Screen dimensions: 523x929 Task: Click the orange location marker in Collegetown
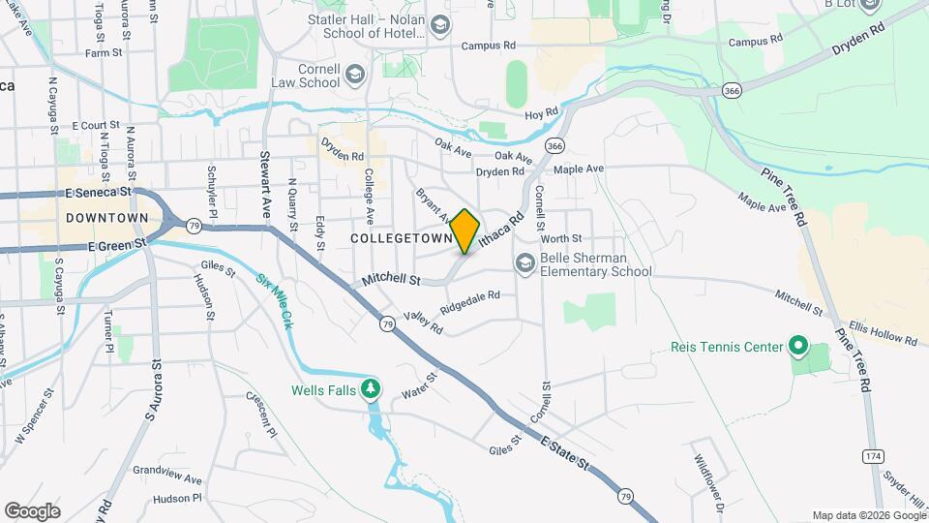pyautogui.click(x=465, y=231)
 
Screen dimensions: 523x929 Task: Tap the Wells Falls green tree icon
pyautogui.click(x=370, y=388)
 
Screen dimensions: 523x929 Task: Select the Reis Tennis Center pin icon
pyautogui.click(x=797, y=346)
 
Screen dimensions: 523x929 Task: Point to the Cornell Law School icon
pyautogui.click(x=355, y=76)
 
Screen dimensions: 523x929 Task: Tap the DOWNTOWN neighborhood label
pyautogui.click(x=107, y=219)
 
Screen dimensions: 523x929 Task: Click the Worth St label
pyautogui.click(x=561, y=238)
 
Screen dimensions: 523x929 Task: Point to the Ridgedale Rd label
pyautogui.click(x=469, y=301)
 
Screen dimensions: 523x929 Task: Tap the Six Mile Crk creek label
pyautogui.click(x=274, y=301)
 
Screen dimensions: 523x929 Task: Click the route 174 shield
pyautogui.click(x=874, y=454)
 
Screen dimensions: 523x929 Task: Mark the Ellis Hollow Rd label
pyautogui.click(x=882, y=333)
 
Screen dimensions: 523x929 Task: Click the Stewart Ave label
pyautogui.click(x=264, y=169)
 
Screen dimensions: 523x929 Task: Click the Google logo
pyautogui.click(x=33, y=510)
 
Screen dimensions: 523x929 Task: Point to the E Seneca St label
pyautogui.click(x=97, y=193)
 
